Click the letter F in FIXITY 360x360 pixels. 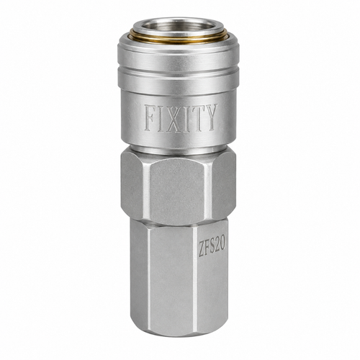click(150, 118)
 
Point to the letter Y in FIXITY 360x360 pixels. click(211, 117)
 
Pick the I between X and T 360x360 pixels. click(186, 119)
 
